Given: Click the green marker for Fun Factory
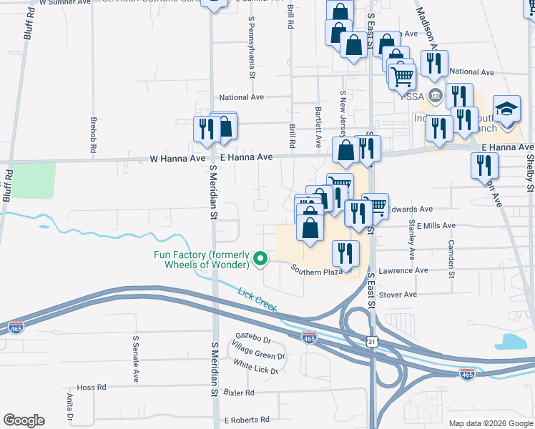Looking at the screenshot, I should click(261, 259).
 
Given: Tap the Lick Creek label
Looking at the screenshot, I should click(257, 299).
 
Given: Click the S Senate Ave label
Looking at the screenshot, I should click(135, 358).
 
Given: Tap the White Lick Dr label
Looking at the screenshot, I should click(255, 367).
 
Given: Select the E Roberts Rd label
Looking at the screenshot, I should click(246, 420).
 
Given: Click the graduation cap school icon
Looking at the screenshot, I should click(506, 109).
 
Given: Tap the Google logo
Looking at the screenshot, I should click(24, 420).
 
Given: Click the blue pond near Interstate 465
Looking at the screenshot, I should click(514, 342).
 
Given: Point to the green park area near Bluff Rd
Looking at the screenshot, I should click(34, 181).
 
